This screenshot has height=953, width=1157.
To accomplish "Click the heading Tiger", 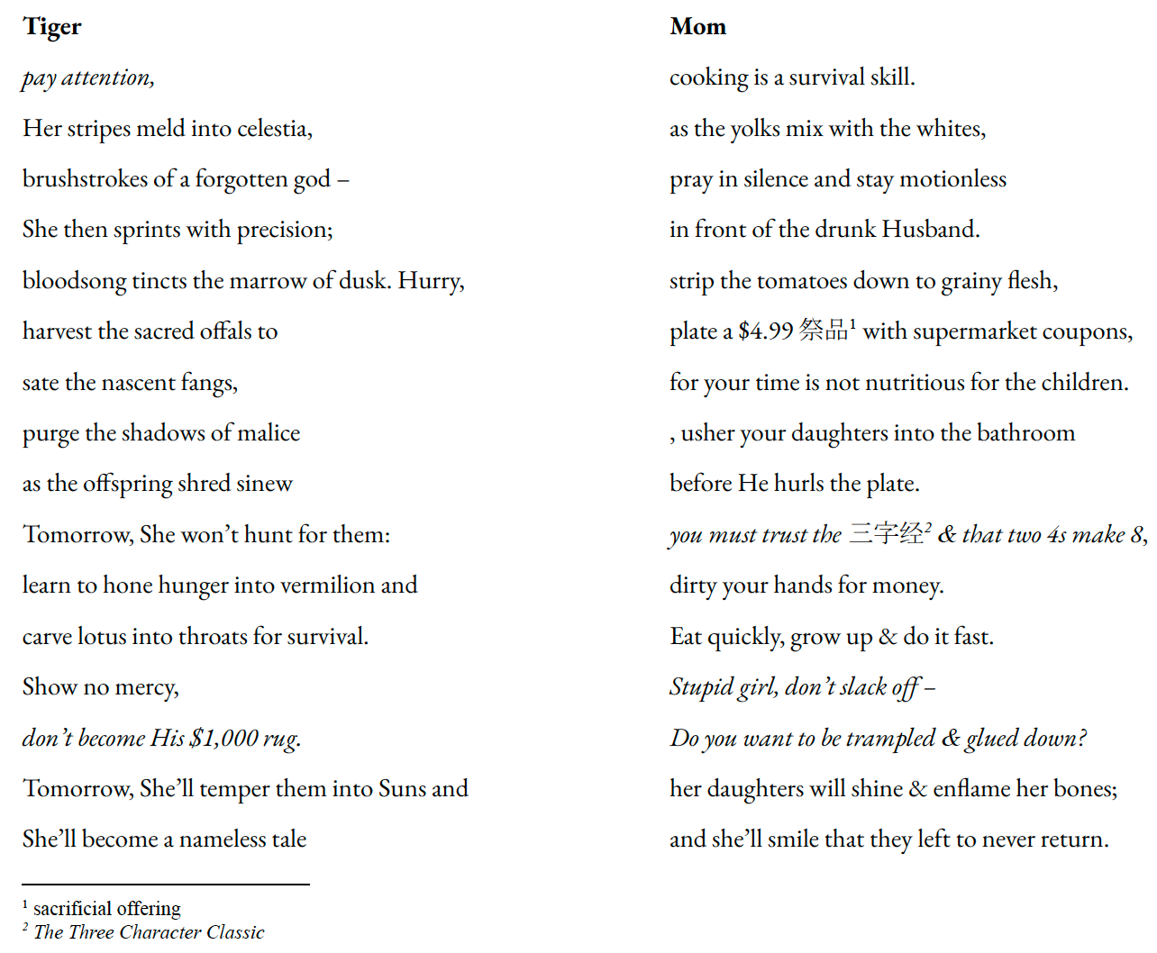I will click(x=52, y=27).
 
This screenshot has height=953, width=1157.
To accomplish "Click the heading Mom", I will click(x=697, y=27).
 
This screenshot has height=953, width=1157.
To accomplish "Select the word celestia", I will click(x=274, y=129).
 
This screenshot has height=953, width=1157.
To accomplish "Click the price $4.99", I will click(x=765, y=331).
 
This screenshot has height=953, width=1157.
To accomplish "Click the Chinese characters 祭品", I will click(x=823, y=330).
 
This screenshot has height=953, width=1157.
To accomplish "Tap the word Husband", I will click(x=929, y=230).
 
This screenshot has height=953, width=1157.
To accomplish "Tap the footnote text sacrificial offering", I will click(x=106, y=908).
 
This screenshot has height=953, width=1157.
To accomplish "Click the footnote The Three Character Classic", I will click(x=149, y=932).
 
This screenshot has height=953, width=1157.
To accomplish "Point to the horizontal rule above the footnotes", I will click(x=166, y=885).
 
